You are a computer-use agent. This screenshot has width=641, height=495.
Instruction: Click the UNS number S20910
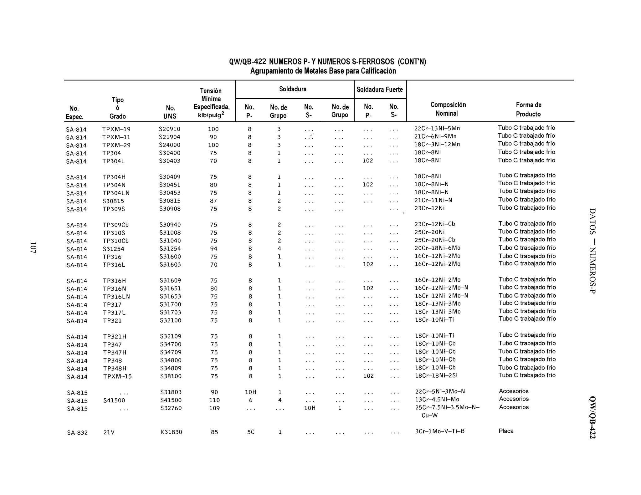click(x=169, y=129)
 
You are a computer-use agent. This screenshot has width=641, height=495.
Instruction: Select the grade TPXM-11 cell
click(x=116, y=137)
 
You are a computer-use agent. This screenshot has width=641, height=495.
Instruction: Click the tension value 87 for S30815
click(x=213, y=201)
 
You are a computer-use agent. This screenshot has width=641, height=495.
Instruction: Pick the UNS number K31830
click(x=171, y=432)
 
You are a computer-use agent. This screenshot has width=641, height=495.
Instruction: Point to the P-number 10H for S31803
click(x=250, y=392)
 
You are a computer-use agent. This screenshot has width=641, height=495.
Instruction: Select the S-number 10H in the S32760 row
click(x=310, y=408)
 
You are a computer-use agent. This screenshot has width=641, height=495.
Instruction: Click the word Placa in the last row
click(x=506, y=431)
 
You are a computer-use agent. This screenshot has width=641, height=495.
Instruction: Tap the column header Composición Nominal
click(x=448, y=109)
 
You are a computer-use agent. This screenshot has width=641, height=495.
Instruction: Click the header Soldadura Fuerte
click(x=380, y=89)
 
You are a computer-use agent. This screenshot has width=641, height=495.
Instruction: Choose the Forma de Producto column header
click(x=528, y=109)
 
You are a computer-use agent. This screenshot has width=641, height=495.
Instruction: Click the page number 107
click(x=33, y=247)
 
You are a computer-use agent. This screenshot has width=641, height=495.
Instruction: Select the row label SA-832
click(x=77, y=433)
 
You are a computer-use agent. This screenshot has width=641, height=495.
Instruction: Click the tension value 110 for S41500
click(x=214, y=400)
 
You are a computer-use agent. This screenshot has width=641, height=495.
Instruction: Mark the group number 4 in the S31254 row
click(x=279, y=249)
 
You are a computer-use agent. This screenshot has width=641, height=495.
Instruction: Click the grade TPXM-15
click(x=117, y=376)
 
